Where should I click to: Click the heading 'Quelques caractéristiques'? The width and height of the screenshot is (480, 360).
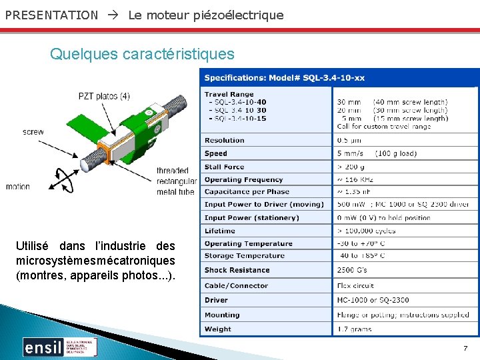(142, 53)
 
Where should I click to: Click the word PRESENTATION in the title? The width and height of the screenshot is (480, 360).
(51, 15)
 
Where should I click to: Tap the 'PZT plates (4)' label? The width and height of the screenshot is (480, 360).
(104, 96)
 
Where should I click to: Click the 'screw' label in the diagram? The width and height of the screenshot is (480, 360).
(33, 132)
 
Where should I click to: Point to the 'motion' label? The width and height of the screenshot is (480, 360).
(18, 187)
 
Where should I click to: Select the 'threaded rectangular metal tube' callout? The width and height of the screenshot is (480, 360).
(177, 181)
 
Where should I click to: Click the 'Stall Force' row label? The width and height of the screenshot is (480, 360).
(225, 167)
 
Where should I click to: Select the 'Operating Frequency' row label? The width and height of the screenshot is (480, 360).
(244, 179)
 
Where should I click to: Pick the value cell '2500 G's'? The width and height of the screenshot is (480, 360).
(352, 270)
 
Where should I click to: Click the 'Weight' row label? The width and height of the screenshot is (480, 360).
(218, 329)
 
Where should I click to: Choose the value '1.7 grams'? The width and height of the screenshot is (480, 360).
(355, 329)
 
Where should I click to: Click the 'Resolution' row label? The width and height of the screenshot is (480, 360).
(225, 141)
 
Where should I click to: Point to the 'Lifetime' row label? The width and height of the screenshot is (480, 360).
(220, 231)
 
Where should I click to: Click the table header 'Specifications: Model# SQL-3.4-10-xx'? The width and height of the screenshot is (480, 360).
(285, 78)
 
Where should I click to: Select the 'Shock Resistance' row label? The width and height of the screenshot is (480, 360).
(237, 270)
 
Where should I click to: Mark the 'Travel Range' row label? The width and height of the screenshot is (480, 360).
(229, 95)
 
